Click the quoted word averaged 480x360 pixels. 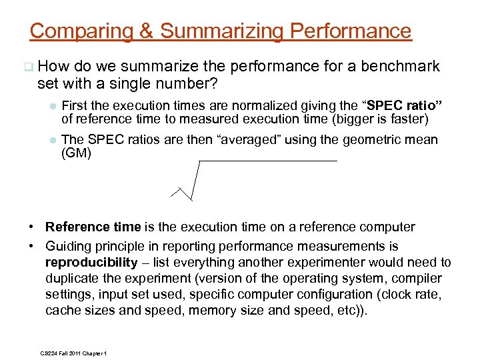[237, 140]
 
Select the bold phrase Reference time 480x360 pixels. [93, 227]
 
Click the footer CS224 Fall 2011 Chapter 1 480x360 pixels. [74, 353]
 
